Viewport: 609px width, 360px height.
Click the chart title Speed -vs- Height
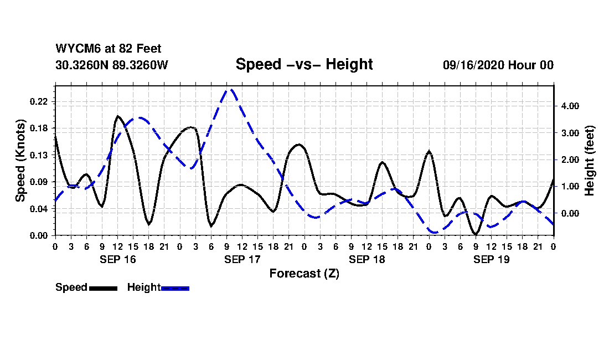[304, 64]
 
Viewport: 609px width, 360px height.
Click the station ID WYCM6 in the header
[74, 49]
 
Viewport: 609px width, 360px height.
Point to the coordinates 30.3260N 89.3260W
[111, 65]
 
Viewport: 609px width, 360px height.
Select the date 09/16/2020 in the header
[473, 65]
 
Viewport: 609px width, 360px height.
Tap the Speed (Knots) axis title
[20, 161]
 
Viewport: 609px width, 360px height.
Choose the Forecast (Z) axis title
[304, 273]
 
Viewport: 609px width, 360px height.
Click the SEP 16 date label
[117, 259]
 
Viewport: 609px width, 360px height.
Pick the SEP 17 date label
[242, 259]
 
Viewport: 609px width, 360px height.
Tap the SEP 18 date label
[367, 259]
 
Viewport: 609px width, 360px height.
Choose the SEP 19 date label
[491, 259]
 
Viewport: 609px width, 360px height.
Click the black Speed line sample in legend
[103, 288]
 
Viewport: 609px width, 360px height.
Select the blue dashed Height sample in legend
[175, 288]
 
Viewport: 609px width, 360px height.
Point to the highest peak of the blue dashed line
[230, 89]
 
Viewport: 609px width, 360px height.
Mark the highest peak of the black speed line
[117, 116]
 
